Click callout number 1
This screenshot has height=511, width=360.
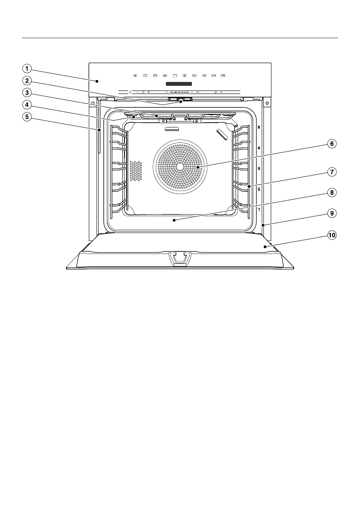[x=27, y=68]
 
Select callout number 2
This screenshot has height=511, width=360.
[x=27, y=80]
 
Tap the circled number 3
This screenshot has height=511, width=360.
[x=27, y=92]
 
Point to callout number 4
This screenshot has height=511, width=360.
[x=27, y=104]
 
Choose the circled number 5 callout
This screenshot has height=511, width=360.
[x=27, y=116]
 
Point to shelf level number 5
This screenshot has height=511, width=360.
[x=258, y=127]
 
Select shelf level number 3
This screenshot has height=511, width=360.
[x=258, y=169]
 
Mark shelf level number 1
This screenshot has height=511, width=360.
[x=258, y=210]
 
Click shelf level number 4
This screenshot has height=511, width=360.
[x=258, y=148]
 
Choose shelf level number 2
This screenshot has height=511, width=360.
[x=258, y=189]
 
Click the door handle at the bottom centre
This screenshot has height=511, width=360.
[x=179, y=258]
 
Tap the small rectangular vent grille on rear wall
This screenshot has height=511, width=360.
[x=136, y=170]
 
